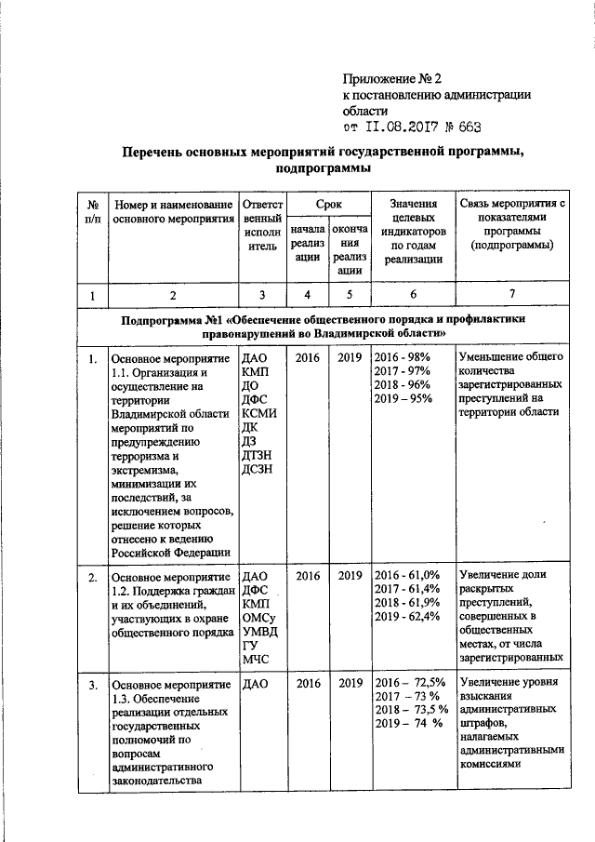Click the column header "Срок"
coord(327,202)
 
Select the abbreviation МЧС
coord(255,662)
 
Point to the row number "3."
coord(93,686)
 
